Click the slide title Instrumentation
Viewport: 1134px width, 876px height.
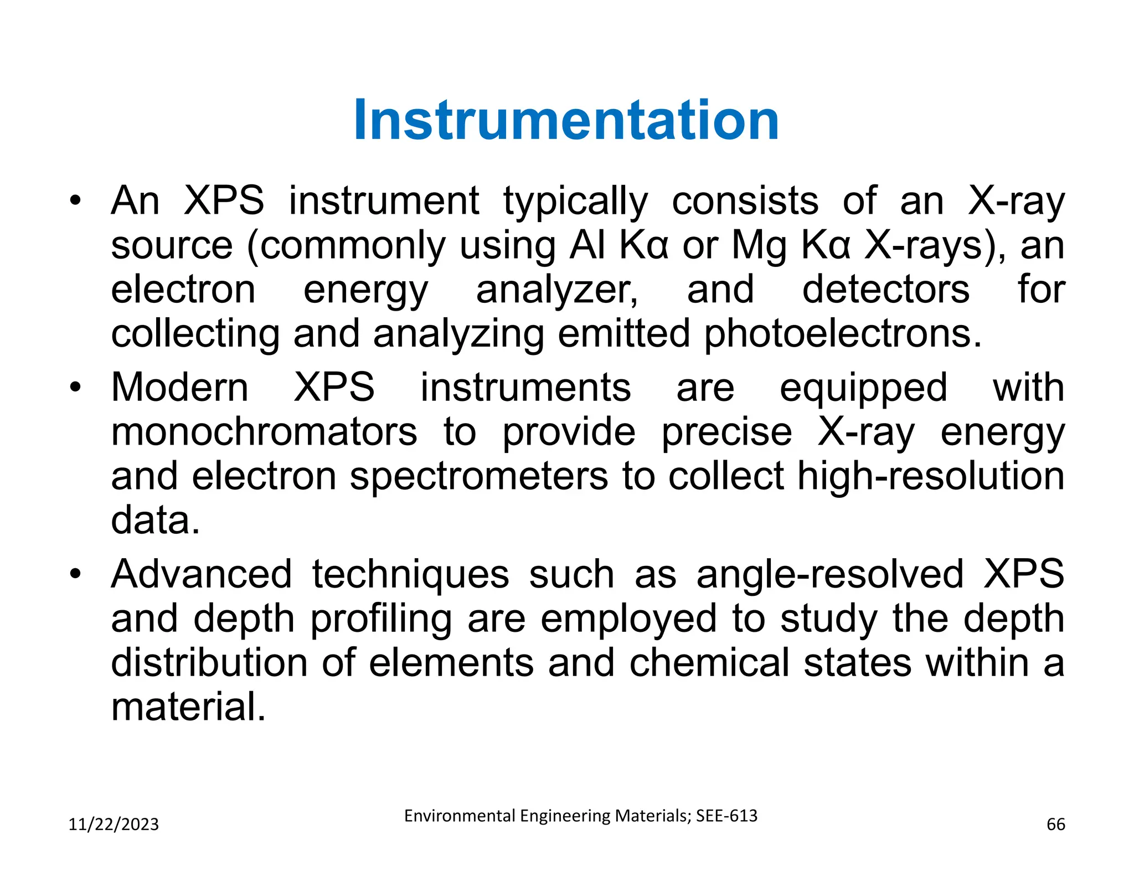(x=566, y=120)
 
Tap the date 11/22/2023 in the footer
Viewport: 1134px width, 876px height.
(x=114, y=825)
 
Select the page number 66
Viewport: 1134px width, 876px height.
(x=1055, y=825)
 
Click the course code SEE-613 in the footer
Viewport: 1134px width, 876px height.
(x=726, y=816)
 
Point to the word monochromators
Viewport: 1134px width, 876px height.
(x=264, y=432)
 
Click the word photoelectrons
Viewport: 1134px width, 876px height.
(x=843, y=333)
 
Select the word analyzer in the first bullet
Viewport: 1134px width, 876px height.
(x=556, y=290)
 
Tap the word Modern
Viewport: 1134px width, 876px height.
(x=180, y=387)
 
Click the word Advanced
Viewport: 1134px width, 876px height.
(x=202, y=574)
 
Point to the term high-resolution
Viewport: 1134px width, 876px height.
(x=930, y=477)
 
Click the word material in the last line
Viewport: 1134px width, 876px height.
(x=188, y=707)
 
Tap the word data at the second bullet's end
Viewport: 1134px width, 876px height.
(x=155, y=521)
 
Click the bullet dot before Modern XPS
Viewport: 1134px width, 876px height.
(x=75, y=387)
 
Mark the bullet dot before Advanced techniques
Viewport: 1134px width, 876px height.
(x=75, y=574)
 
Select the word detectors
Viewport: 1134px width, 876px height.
(x=886, y=290)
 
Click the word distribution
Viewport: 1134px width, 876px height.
(x=209, y=663)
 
